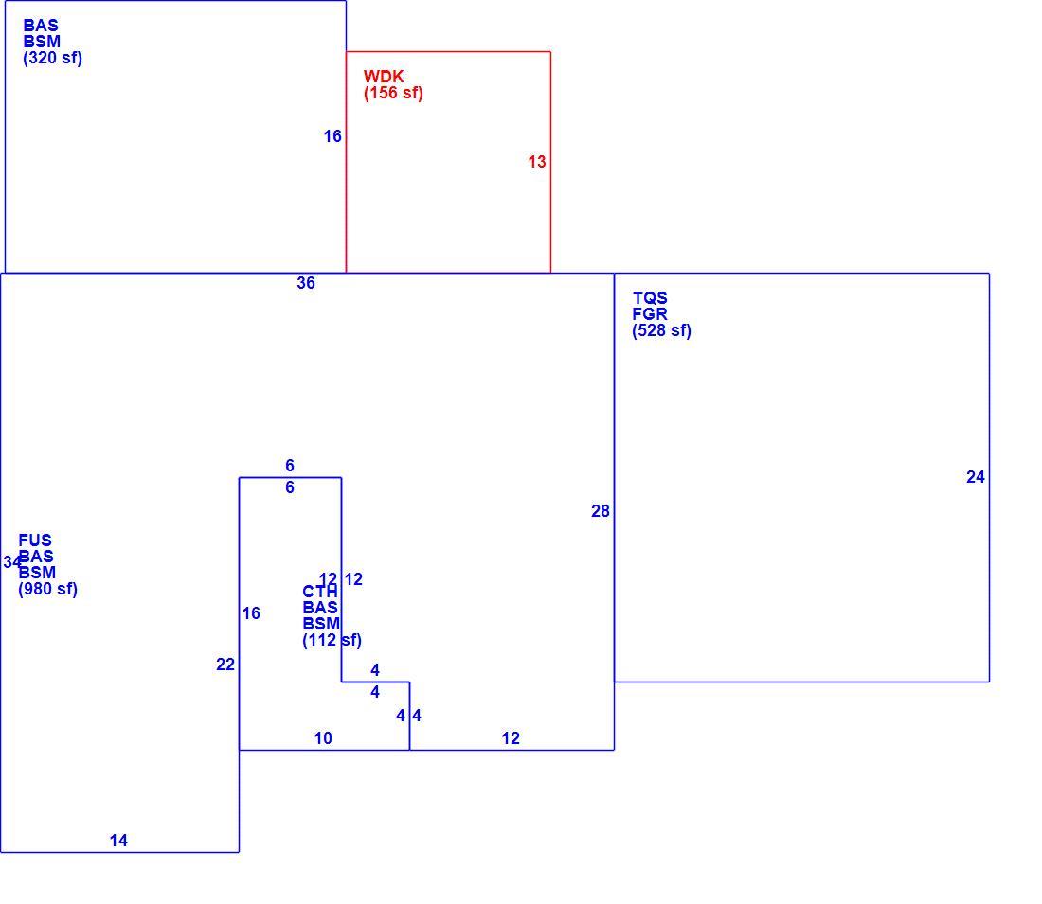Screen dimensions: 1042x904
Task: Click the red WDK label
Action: click(384, 77)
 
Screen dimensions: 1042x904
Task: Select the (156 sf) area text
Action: click(393, 93)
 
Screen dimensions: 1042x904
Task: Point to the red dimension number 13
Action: click(537, 162)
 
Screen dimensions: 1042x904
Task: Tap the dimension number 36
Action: click(306, 283)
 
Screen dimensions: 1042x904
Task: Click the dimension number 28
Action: click(600, 511)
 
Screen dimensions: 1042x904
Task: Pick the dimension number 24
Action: click(976, 477)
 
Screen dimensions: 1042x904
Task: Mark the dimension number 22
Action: click(225, 665)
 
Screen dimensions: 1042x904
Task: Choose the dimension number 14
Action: click(118, 841)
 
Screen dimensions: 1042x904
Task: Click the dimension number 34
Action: click(12, 562)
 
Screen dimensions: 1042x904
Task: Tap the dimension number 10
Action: click(323, 738)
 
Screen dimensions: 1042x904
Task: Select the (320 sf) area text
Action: click(52, 58)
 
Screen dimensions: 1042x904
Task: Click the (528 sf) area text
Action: click(662, 330)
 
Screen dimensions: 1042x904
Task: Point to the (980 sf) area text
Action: click(48, 589)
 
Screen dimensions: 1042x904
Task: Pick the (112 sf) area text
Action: click(332, 640)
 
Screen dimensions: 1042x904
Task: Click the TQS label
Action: click(650, 298)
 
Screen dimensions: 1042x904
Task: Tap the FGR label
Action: click(650, 314)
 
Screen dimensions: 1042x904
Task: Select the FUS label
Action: click(35, 540)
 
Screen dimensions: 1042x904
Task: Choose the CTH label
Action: click(320, 592)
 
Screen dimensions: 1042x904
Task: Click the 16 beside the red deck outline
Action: click(332, 136)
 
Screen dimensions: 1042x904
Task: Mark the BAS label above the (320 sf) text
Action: click(41, 26)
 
